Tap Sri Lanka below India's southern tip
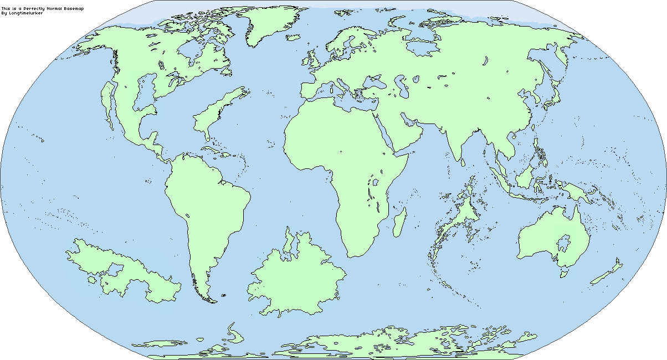(x=462, y=163)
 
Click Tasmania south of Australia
(x=565, y=273)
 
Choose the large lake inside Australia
(x=565, y=241)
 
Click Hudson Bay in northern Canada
(x=191, y=55)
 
